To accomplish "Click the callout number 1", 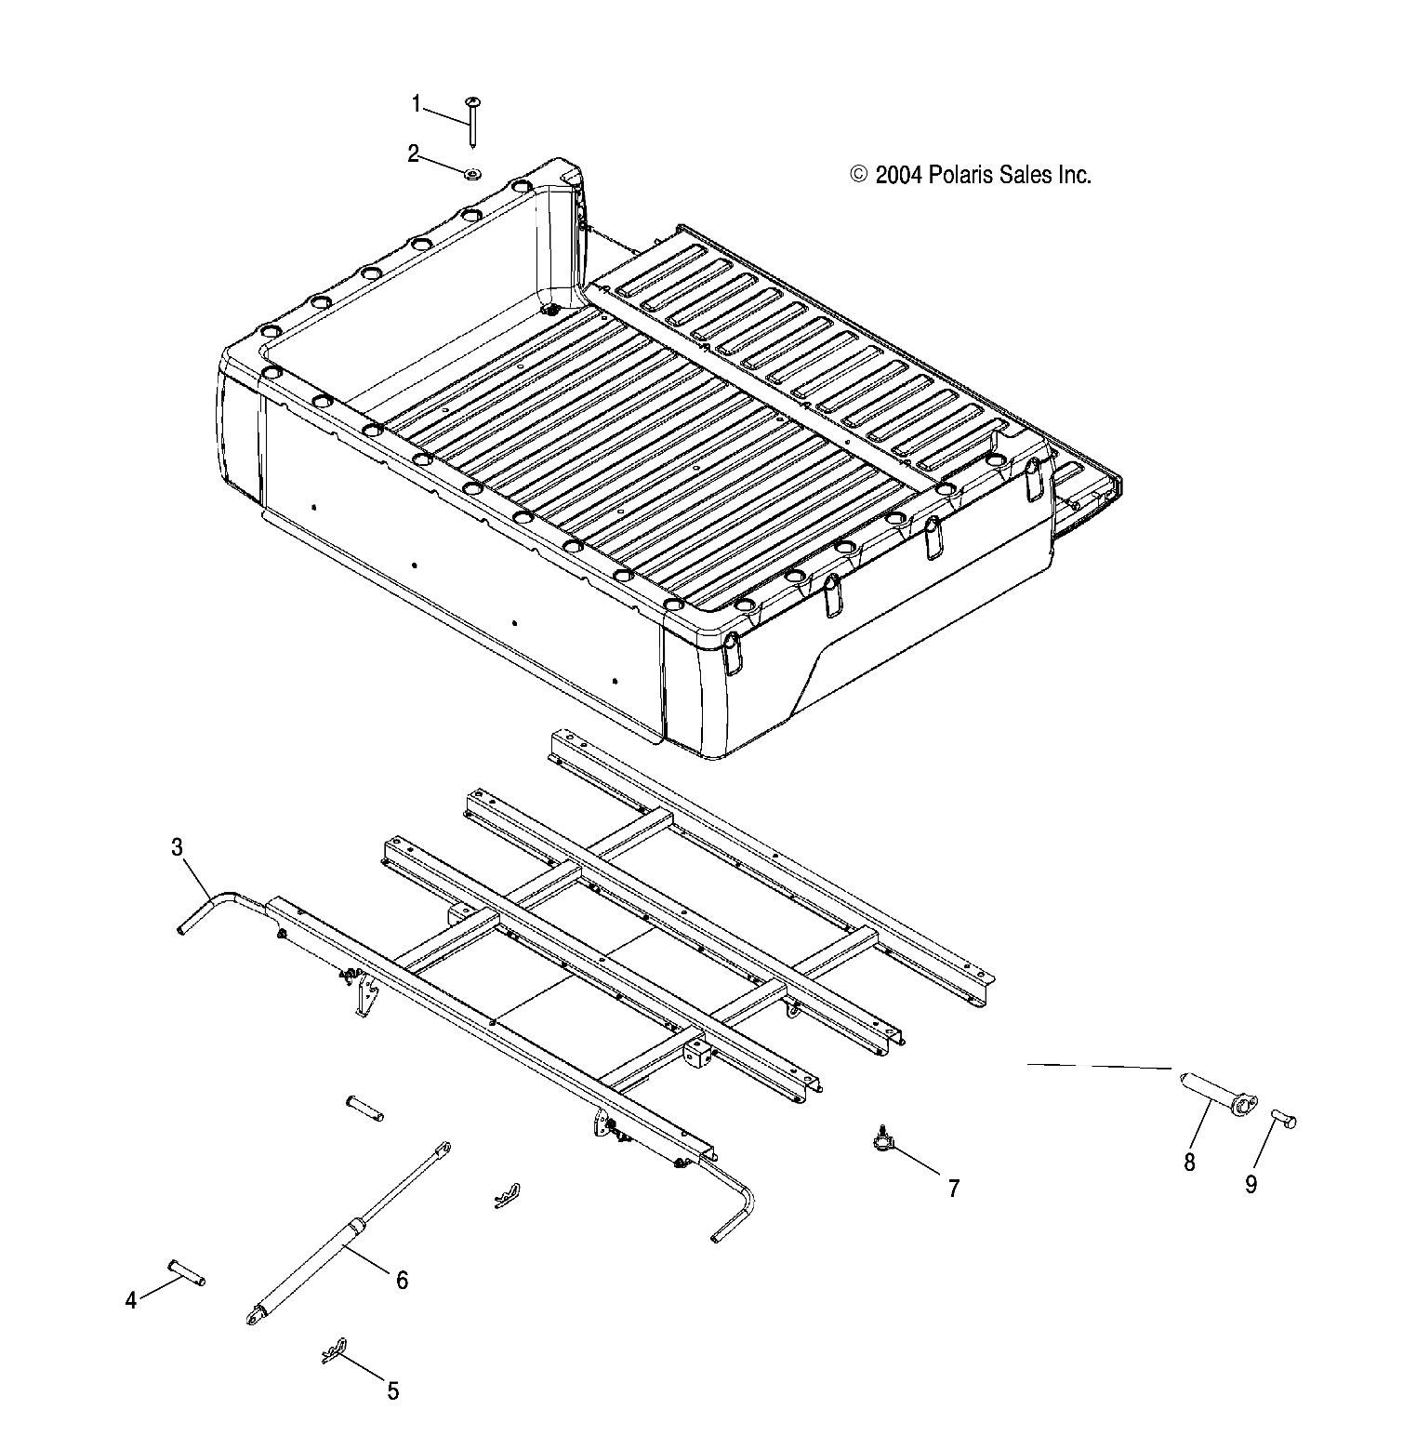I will (417, 103).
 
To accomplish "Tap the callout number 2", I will (414, 153).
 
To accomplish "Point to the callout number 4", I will (131, 1300).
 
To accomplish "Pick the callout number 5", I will (392, 1390).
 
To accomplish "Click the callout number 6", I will (402, 1280).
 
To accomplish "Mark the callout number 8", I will (1189, 1162).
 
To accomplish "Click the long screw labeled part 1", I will (473, 121).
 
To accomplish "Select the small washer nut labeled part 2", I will (472, 173).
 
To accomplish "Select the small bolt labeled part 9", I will (1283, 1117).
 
